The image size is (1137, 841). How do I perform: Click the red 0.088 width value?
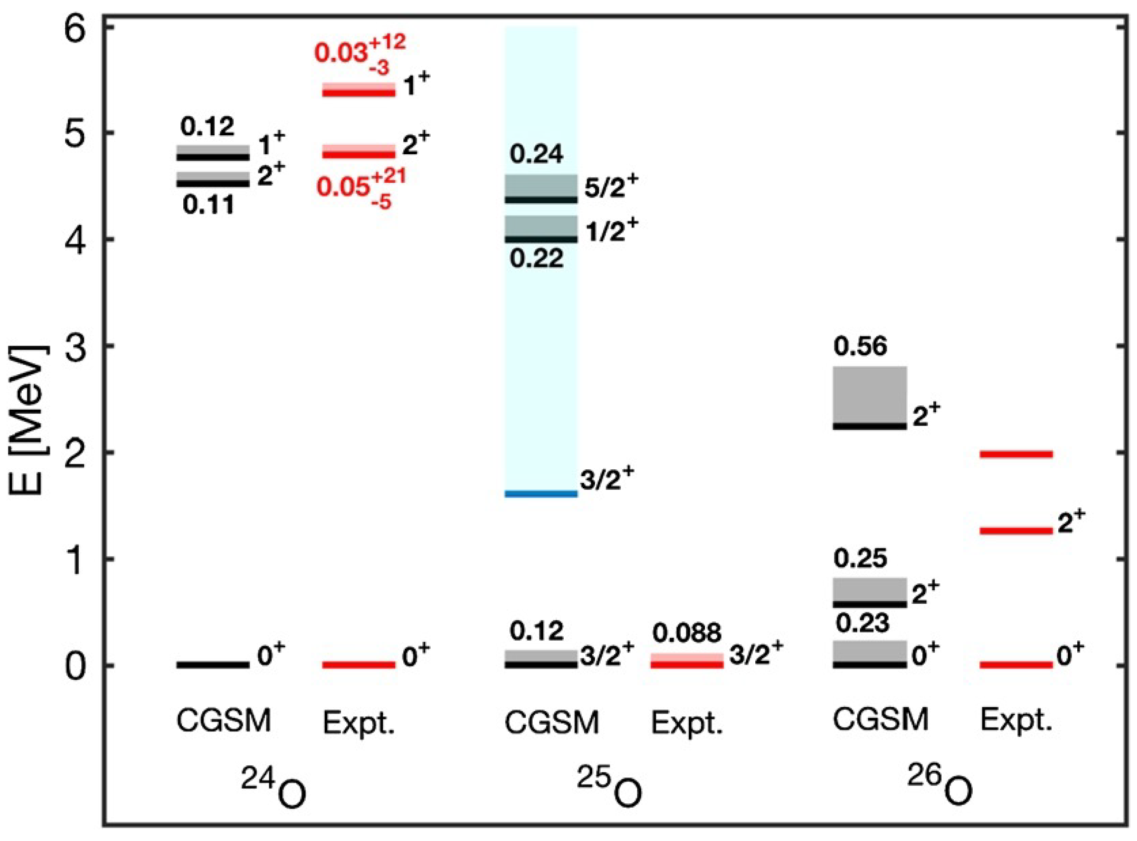coord(687,633)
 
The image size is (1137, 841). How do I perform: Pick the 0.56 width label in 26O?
coord(860,347)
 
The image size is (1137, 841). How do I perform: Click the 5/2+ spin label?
coord(611,188)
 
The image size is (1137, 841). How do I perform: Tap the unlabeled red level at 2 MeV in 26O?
coord(1016,454)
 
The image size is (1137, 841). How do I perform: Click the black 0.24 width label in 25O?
coord(537,154)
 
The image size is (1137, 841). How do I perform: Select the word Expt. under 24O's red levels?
coord(359,723)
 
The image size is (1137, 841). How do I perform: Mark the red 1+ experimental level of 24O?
coord(359,92)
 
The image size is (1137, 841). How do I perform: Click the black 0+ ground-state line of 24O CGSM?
coord(213,665)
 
